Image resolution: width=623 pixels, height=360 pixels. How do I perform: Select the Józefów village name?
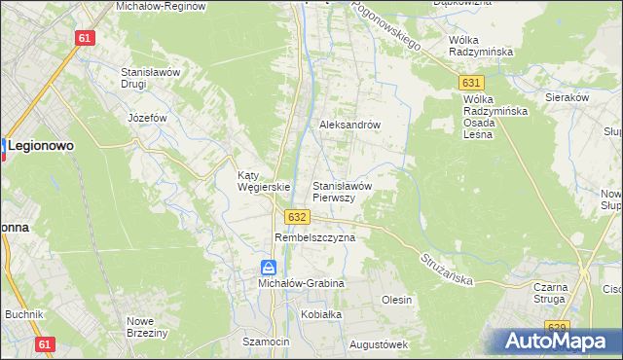[x=148, y=118]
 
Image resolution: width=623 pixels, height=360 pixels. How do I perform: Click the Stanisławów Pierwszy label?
[x=342, y=191]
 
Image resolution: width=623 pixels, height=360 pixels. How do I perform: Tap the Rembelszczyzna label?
[x=315, y=236]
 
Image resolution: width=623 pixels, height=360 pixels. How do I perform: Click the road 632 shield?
[x=298, y=217]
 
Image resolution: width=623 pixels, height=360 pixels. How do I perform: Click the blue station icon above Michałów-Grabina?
[x=269, y=267]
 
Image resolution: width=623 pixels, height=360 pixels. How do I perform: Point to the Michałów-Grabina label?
[x=301, y=282]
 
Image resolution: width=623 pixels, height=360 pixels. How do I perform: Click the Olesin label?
[x=397, y=300]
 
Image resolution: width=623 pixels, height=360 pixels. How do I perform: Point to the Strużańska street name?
[x=448, y=268]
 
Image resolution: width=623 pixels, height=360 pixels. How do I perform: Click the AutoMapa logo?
[x=559, y=341]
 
